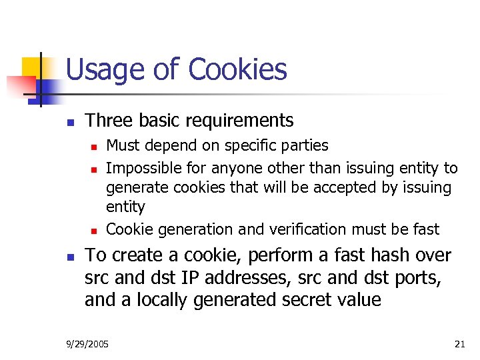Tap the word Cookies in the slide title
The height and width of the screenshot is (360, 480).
237,69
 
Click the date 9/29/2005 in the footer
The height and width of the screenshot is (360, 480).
88,344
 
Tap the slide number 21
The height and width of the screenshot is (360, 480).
459,344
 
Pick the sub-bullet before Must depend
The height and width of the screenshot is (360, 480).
94,147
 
